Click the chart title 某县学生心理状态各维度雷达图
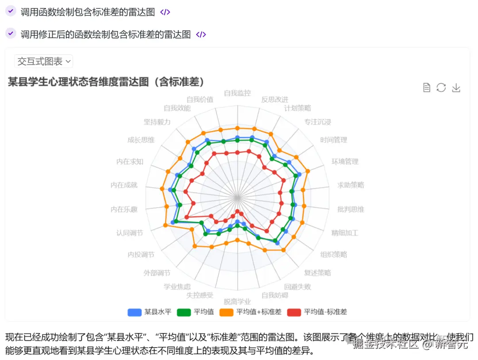[x=106, y=82]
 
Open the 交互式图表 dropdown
[x=43, y=62]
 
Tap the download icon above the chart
[x=456, y=88]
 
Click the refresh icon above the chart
[x=441, y=88]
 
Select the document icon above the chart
[x=427, y=88]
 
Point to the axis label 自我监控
[x=237, y=93]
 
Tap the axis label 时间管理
[x=334, y=140]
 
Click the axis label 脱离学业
[x=237, y=302]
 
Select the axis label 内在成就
[x=124, y=185]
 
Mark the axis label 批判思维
[x=351, y=209]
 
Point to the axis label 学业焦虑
[x=177, y=286]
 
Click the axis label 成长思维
[x=141, y=140]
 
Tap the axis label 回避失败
[x=297, y=286]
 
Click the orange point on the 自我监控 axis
[x=237, y=128]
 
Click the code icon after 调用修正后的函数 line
[x=201, y=35]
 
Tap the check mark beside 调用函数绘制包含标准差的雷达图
[x=11, y=12]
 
